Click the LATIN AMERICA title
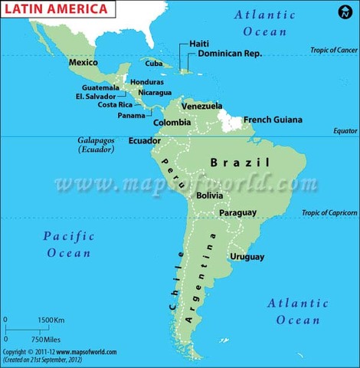[47, 10]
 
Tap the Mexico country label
[83, 62]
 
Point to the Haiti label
[199, 44]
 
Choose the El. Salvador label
[96, 97]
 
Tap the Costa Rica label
[116, 105]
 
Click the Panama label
[132, 116]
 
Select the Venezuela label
[202, 106]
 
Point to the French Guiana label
[273, 120]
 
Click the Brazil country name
[241, 163]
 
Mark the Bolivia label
[210, 195]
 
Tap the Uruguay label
[247, 256]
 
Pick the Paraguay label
[237, 212]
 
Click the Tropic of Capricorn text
[329, 213]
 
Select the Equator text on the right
[345, 131]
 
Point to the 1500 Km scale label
[51, 319]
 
